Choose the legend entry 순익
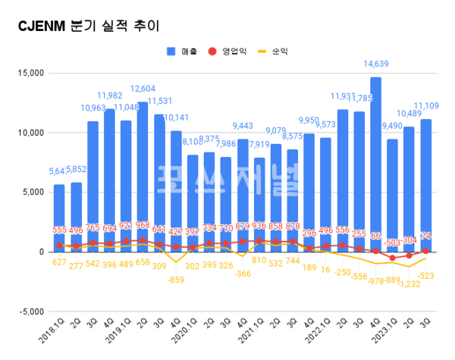pos(281,52)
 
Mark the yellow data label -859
pos(176,280)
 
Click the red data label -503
pos(392,243)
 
